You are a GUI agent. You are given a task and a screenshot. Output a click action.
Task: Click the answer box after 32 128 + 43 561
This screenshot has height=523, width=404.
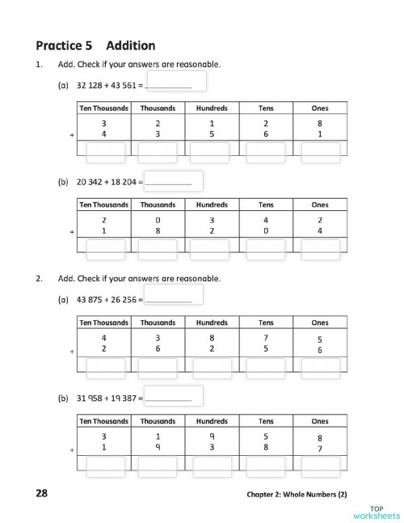(x=176, y=82)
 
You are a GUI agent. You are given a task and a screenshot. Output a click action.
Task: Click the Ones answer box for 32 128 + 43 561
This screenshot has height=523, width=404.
(x=320, y=150)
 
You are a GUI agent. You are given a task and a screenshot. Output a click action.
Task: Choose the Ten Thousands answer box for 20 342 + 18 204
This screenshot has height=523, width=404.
(x=104, y=249)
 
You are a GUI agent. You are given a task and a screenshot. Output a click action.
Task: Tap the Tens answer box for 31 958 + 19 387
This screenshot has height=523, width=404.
(x=266, y=466)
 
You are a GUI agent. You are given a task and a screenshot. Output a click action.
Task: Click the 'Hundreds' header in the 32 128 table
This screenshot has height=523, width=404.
(x=212, y=108)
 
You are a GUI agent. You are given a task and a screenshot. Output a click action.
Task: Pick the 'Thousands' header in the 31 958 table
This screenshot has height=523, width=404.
(x=158, y=421)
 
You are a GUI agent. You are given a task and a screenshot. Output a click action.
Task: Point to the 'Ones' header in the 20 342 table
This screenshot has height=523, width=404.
(x=320, y=205)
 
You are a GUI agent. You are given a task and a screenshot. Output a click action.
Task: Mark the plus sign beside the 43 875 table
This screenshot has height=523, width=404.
(x=72, y=351)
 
